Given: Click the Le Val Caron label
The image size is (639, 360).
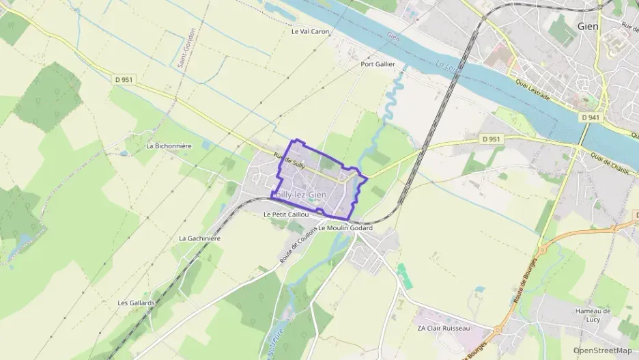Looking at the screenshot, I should coord(310,31).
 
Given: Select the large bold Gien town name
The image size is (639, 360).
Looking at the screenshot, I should coord(588,27).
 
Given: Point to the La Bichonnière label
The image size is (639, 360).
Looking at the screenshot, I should coord(169,146).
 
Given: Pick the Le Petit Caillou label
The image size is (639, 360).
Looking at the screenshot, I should coord(286,214).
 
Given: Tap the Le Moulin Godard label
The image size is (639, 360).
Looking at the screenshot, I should coord(345,227).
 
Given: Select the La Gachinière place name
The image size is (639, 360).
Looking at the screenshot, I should coord(199,238).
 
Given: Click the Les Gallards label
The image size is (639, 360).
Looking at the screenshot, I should coord(137,303).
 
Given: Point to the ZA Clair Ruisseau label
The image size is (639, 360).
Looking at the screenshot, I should coord(444,329).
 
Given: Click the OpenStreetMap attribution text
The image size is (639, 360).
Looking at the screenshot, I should coord(602,350).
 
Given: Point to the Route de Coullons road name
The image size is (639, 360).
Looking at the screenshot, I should coord(298,245).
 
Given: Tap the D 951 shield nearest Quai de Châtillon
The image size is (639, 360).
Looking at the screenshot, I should coord(491,139).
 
